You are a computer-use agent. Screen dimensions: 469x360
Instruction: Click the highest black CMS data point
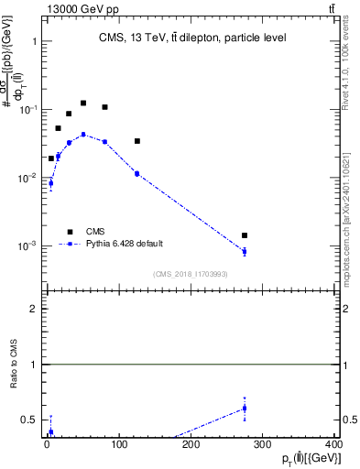[x=83, y=104]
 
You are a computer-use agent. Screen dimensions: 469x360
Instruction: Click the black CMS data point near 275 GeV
[x=245, y=235]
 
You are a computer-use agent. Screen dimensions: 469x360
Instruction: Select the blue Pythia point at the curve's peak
[x=83, y=134]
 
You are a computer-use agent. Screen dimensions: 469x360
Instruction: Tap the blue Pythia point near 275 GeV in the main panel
[x=245, y=251]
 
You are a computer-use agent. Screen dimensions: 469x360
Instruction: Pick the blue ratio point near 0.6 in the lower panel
[x=245, y=409]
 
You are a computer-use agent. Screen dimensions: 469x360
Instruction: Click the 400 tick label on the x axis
[x=333, y=444]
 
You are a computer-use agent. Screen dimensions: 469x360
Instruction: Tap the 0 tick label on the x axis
[x=47, y=444]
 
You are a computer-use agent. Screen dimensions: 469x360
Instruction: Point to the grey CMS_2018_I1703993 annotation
[x=190, y=274]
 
